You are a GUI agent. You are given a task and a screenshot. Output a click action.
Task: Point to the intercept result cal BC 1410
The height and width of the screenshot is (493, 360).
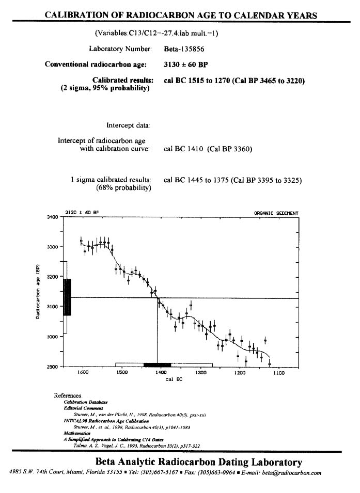[184, 149]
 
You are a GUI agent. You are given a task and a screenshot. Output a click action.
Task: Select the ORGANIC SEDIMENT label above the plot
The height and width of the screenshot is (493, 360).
[276, 213]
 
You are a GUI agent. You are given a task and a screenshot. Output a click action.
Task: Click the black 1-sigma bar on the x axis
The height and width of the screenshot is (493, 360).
[157, 364]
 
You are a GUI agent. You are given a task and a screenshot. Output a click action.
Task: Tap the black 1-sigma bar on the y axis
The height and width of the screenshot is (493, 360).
[67, 297]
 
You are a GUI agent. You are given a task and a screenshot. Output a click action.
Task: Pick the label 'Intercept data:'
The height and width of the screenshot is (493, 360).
[129, 125]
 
